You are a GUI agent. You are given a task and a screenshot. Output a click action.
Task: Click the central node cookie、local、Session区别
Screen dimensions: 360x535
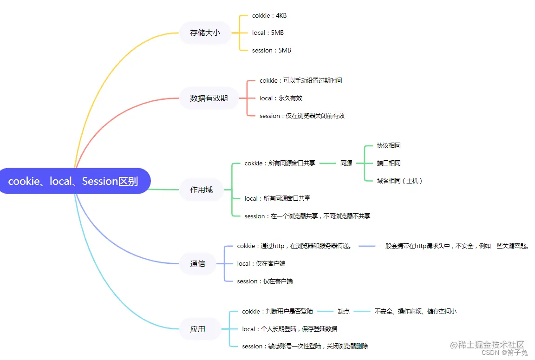pyautogui.click(x=73, y=181)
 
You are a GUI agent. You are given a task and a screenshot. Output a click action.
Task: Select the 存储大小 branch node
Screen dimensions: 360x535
pyautogui.click(x=205, y=33)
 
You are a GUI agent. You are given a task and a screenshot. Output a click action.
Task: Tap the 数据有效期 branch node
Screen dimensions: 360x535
pyautogui.click(x=209, y=98)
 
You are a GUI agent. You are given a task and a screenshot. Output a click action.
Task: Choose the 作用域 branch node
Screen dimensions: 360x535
pyautogui.click(x=201, y=190)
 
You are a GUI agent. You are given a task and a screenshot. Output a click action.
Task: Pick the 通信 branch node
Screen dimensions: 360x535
pyautogui.click(x=197, y=263)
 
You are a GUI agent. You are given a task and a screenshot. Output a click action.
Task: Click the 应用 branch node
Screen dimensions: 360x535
pyautogui.click(x=197, y=329)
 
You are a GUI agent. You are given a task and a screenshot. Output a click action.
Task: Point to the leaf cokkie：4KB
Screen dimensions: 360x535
pyautogui.click(x=269, y=15)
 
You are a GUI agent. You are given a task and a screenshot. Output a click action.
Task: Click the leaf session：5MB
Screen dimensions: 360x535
pyautogui.click(x=271, y=50)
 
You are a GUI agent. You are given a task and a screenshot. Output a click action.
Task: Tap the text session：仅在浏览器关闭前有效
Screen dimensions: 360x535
pyautogui.click(x=302, y=116)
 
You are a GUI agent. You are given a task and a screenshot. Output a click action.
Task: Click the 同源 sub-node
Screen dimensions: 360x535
pyautogui.click(x=346, y=163)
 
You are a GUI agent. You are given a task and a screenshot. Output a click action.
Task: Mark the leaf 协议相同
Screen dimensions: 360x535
pyautogui.click(x=389, y=145)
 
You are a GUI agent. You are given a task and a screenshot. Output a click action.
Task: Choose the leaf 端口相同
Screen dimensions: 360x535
pyautogui.click(x=389, y=163)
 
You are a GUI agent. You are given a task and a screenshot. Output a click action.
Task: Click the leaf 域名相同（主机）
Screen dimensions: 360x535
pyautogui.click(x=400, y=181)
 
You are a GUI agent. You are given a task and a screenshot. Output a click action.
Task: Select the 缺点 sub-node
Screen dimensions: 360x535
pyautogui.click(x=344, y=311)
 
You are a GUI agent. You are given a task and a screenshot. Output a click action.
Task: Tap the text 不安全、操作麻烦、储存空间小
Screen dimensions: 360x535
pyautogui.click(x=415, y=311)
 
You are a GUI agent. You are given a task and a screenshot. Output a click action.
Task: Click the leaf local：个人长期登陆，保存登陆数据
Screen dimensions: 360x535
pyautogui.click(x=289, y=329)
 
